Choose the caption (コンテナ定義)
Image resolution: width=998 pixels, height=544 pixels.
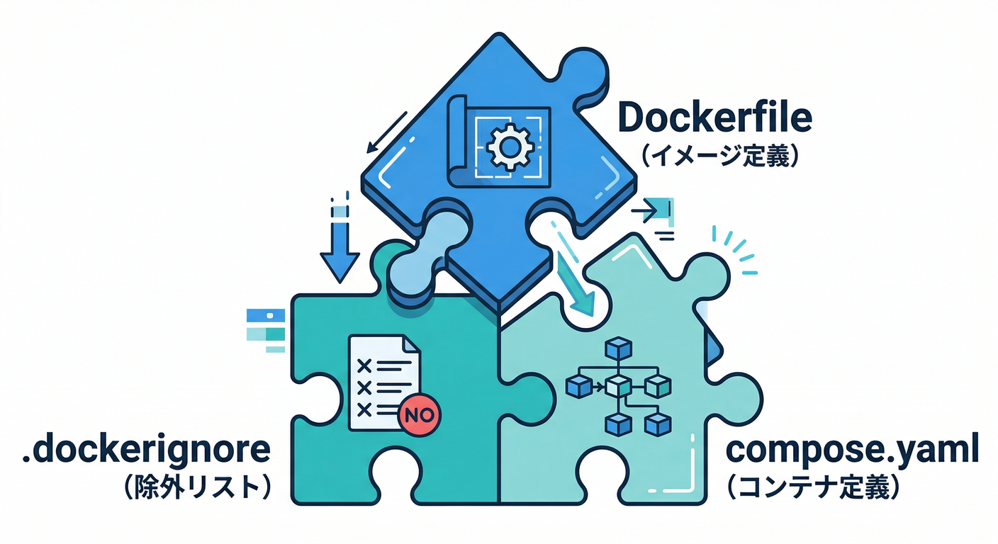tap(815, 487)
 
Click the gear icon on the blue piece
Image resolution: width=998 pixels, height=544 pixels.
tap(508, 147)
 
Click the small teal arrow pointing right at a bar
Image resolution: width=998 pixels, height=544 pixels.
tap(656, 210)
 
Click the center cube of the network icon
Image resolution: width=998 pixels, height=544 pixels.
tap(618, 386)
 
